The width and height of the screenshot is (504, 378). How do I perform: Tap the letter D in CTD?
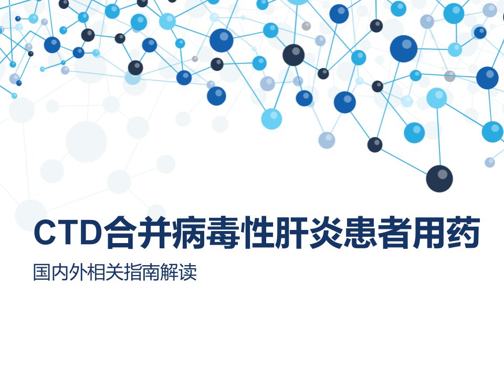coord(91,233)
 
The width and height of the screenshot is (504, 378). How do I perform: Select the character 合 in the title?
coord(120,233)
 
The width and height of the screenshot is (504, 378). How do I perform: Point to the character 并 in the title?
coord(154,233)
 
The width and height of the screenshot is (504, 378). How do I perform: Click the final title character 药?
coord(464,233)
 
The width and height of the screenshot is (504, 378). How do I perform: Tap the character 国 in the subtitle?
coord(42,272)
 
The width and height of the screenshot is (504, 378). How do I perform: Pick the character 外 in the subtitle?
coord(78,272)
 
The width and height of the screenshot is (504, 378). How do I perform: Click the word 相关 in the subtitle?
coord(106,272)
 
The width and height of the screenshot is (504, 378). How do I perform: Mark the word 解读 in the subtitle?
coord(178,272)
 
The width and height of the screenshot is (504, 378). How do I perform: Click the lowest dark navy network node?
coord(439,178)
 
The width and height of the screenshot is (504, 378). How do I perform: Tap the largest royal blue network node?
coord(404,49)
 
